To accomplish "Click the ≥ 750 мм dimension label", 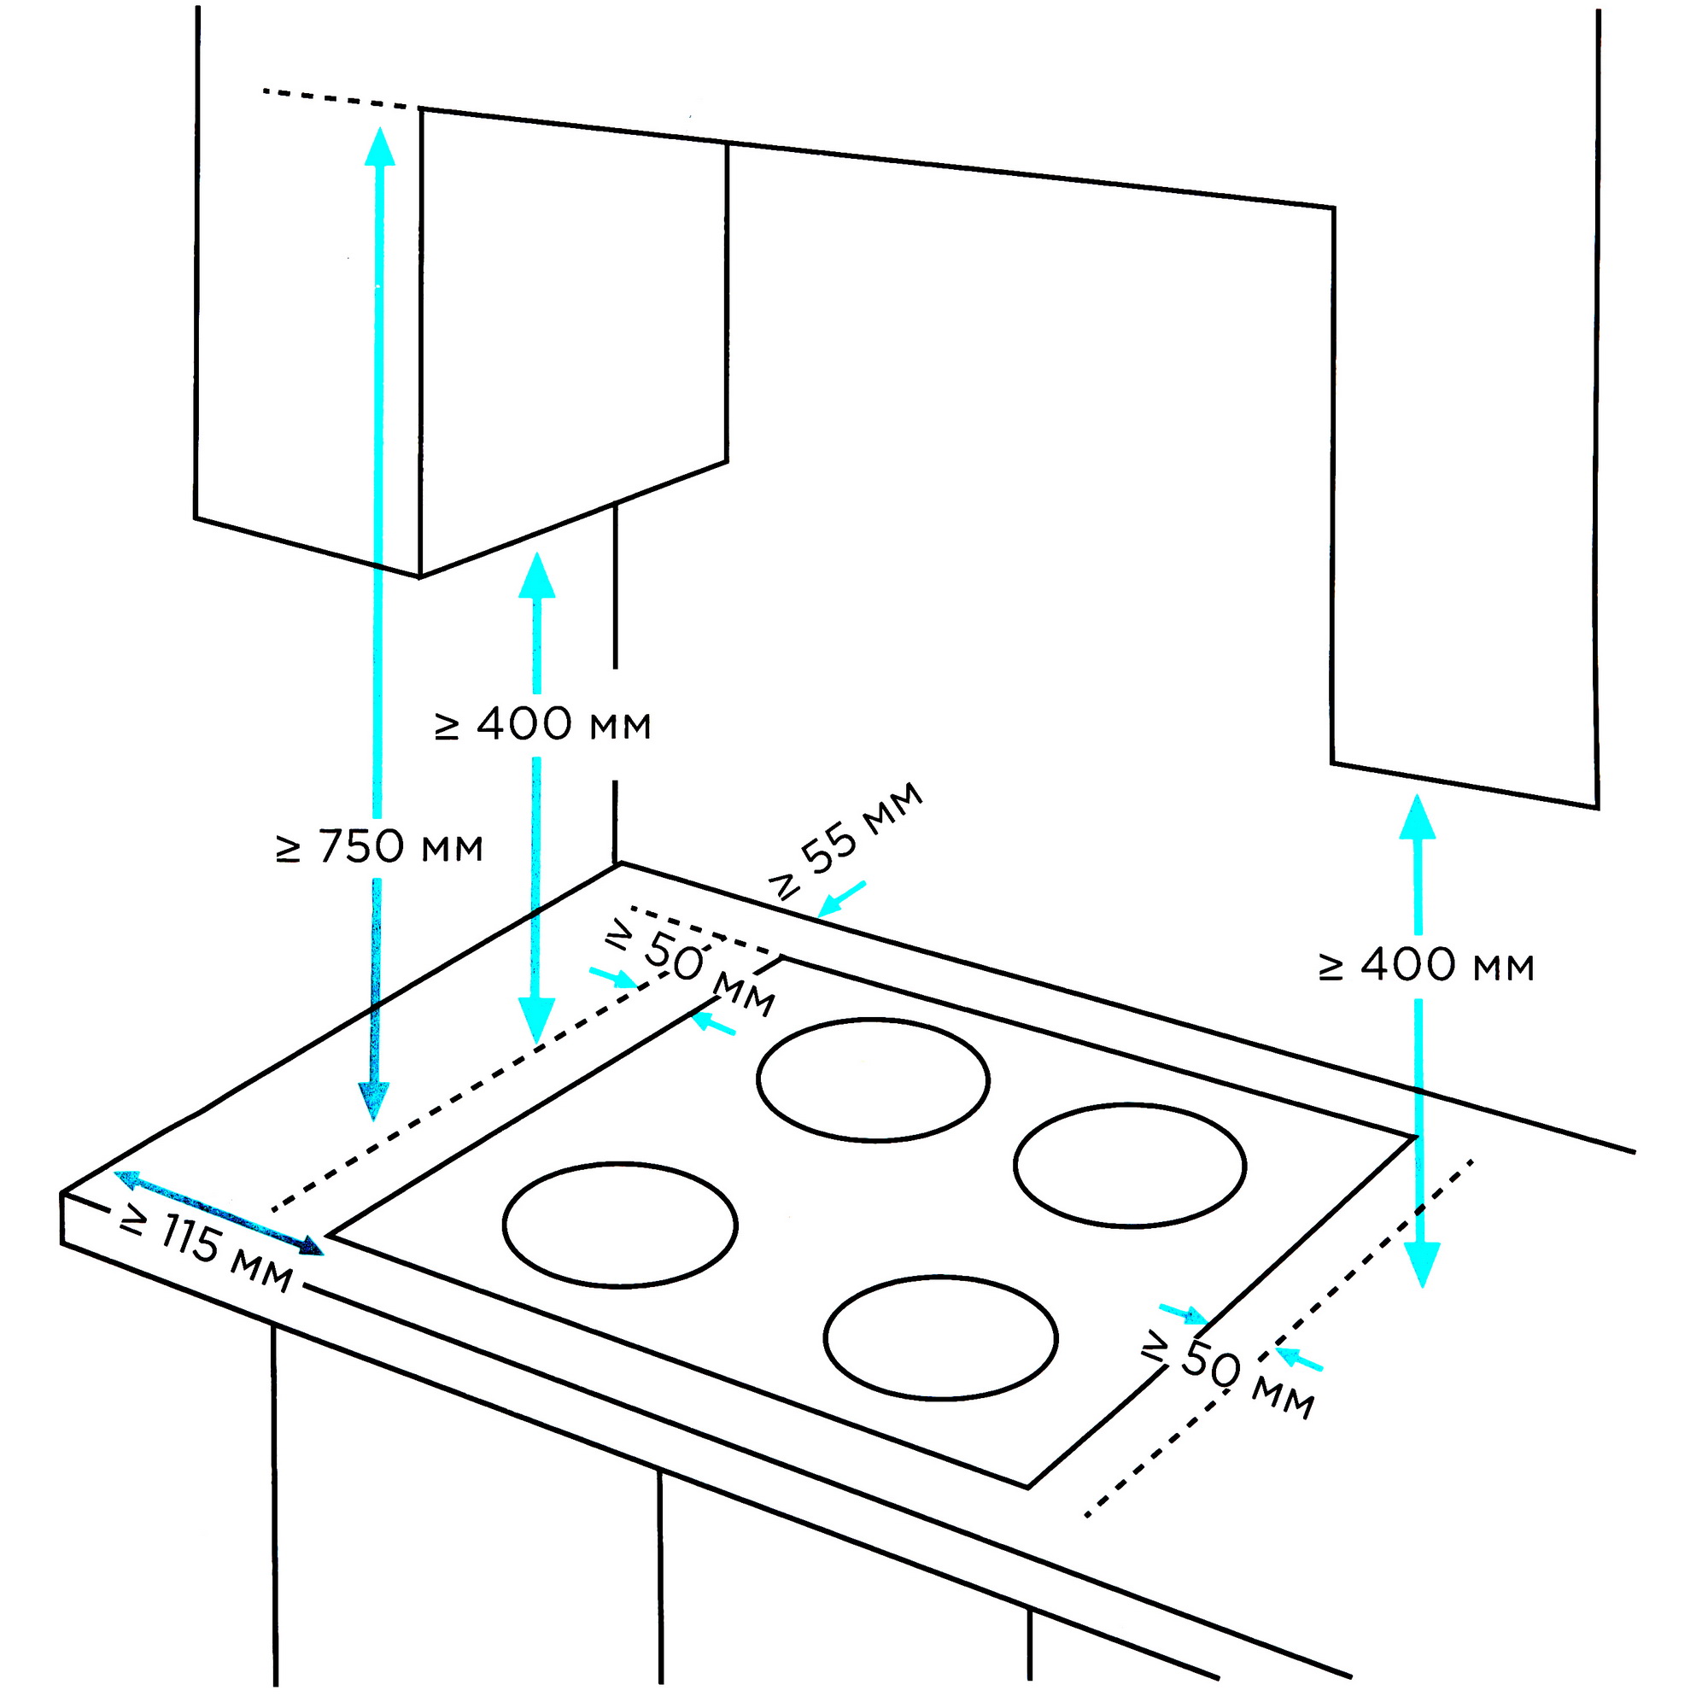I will point(379,847).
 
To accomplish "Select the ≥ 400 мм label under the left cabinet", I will point(542,725).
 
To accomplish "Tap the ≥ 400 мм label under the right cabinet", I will point(1426,965).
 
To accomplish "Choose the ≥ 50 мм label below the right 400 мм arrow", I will point(1229,1373).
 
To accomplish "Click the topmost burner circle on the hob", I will point(873,1079).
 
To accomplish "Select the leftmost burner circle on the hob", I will point(620,1225).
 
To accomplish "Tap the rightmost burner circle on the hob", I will point(1130,1165).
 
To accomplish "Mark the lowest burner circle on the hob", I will point(939,1337).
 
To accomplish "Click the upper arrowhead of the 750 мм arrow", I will point(380,146).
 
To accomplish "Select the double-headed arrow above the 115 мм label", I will point(219,1212).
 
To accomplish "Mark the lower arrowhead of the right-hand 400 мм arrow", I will point(1422,1263).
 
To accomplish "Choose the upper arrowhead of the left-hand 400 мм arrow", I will point(536,575).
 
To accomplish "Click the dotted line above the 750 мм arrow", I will point(341,98).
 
